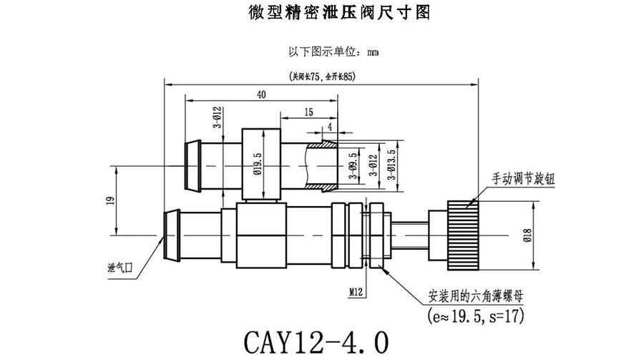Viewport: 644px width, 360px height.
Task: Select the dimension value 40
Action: pos(261,94)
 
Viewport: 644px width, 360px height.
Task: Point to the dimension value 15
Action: pos(308,112)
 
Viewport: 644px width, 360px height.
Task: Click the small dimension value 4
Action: pos(330,127)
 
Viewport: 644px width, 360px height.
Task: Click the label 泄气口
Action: pos(119,267)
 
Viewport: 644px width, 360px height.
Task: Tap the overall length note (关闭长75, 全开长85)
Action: pos(321,75)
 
